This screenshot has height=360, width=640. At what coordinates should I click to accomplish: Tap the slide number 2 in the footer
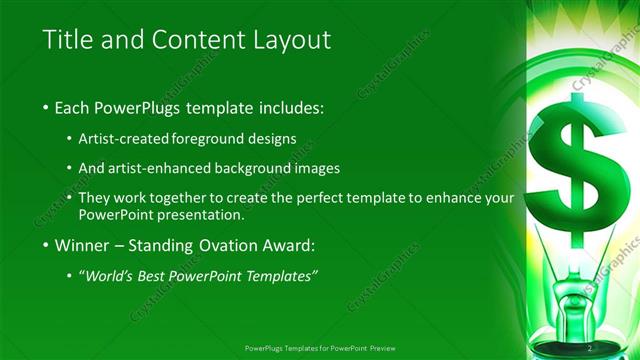[x=590, y=347]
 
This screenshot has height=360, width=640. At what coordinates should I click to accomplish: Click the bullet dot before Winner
[x=48, y=245]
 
